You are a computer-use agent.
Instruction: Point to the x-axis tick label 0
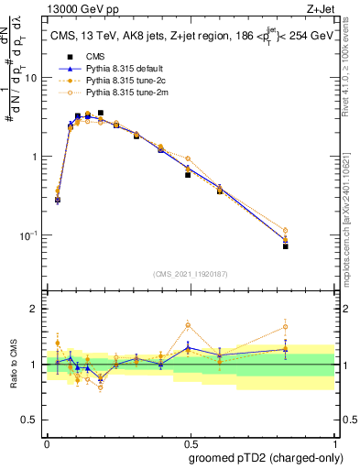(47, 443)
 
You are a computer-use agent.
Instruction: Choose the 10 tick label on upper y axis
(30, 78)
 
